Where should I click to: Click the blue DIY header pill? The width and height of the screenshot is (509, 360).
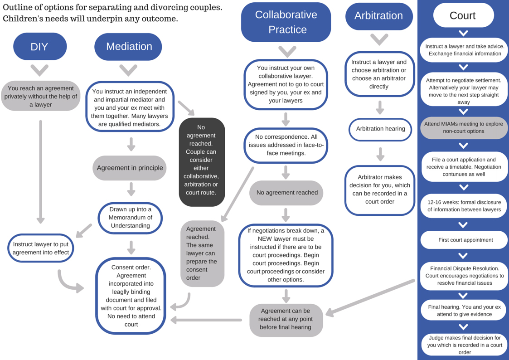coord(40,47)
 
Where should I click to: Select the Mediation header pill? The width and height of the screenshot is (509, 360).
coord(129,47)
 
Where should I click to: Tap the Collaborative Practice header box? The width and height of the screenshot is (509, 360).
coord(286,22)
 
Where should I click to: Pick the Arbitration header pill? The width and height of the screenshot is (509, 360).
coord(379,16)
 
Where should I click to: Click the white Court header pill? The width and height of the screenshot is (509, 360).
coord(463,15)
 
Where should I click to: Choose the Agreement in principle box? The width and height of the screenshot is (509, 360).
coord(130,168)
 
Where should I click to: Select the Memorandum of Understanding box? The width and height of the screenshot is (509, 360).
coord(130,218)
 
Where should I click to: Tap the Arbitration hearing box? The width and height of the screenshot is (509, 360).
coord(380,129)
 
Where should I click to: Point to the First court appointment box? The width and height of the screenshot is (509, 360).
coord(464,240)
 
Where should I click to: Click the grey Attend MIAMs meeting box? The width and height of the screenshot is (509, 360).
coord(464,127)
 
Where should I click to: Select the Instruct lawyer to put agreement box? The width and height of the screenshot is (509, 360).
coord(41,248)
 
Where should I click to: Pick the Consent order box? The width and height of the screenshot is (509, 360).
coord(131,296)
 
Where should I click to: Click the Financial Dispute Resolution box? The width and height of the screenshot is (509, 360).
coord(464,276)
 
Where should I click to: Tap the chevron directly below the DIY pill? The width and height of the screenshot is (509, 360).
coord(40,70)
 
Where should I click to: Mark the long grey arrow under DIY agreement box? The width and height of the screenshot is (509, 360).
coord(40,172)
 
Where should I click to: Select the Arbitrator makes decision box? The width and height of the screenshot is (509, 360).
coord(380,190)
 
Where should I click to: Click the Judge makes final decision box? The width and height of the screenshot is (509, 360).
coord(464,345)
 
